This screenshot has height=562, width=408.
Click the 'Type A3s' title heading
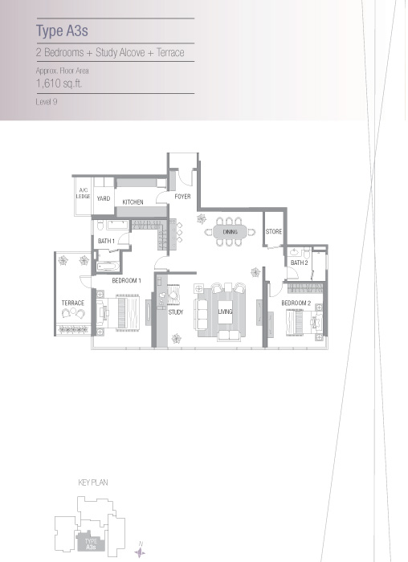pos(62,31)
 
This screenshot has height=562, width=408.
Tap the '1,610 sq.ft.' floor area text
pos(59,83)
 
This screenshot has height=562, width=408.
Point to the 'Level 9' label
pos(47,102)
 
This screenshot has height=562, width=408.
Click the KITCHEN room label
pos(133,202)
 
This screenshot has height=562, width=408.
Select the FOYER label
pos(182,197)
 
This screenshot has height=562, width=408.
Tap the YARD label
pos(104,198)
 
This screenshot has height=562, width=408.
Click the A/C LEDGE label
pos(83,193)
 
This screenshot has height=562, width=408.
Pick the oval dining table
pos(230,232)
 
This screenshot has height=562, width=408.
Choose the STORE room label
pos(274,231)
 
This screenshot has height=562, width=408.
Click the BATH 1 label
pos(106,241)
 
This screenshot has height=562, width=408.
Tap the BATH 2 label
pos(300,263)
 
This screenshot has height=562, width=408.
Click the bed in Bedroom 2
pos(304,321)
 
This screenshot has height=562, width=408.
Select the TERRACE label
pos(73,303)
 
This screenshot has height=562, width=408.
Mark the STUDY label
pos(176,312)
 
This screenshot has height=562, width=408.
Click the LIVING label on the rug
pos(225,312)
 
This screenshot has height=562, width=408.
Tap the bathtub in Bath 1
pos(107,267)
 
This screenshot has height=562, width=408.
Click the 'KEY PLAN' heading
pos(93,483)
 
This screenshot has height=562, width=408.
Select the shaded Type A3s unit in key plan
pos(91,542)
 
